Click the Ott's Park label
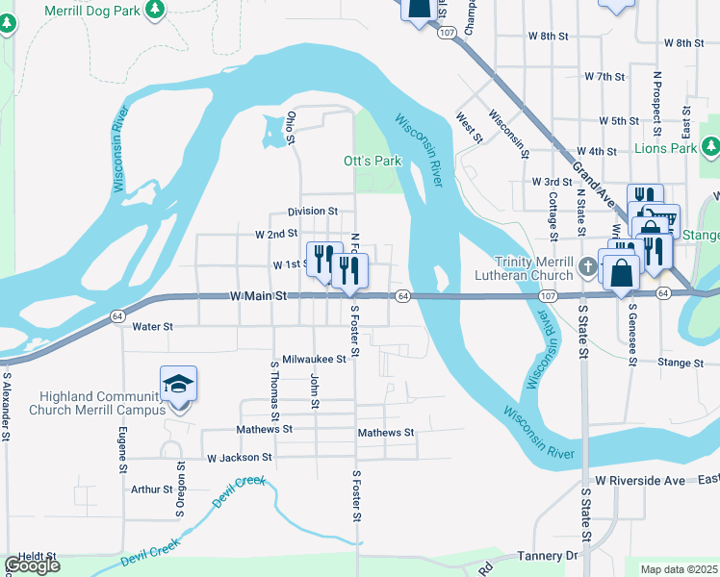(x=373, y=161)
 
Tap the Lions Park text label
(x=665, y=149)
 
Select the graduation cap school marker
(x=178, y=386)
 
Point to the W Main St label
(x=260, y=297)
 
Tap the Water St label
(x=153, y=327)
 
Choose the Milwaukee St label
(x=314, y=359)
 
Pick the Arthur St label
(x=151, y=489)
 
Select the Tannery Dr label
(x=546, y=556)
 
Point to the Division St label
(x=313, y=212)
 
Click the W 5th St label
(x=619, y=121)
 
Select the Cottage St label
(x=553, y=216)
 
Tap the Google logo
(x=32, y=565)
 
